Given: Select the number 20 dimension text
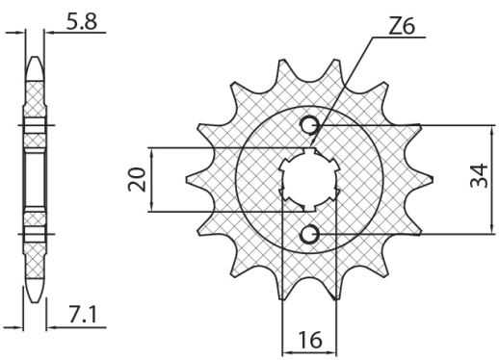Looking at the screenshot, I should coord(137,180).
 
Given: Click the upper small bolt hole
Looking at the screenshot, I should coord(310,125).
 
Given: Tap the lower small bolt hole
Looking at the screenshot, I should coord(310,234).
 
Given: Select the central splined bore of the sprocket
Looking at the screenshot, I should coord(308,179).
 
